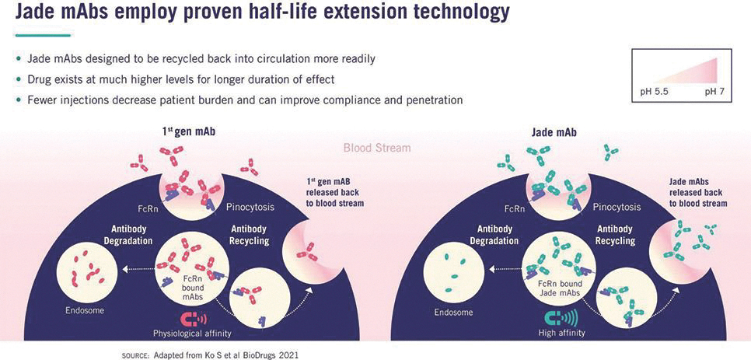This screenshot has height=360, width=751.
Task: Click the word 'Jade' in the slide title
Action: (38, 12)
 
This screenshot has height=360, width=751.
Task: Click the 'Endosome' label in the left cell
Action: (84, 311)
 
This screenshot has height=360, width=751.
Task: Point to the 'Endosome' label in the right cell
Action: (453, 313)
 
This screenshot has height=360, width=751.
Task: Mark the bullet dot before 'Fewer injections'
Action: (19, 100)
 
